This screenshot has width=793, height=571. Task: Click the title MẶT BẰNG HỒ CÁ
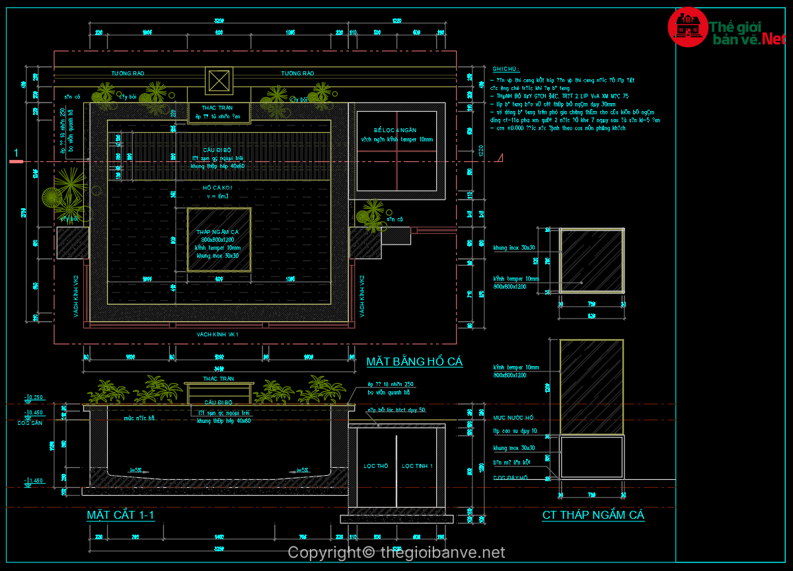click(x=414, y=362)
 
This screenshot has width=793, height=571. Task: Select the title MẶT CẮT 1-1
click(x=121, y=515)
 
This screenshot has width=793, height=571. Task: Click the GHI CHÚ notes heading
click(x=506, y=69)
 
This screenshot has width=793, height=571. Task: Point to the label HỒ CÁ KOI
click(x=217, y=188)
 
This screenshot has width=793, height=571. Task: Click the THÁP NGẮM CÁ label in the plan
click(x=217, y=232)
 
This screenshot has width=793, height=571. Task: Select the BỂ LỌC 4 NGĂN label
click(x=396, y=131)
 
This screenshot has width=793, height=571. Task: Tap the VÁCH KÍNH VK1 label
click(x=217, y=335)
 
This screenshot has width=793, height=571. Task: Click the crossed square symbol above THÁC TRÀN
click(x=219, y=81)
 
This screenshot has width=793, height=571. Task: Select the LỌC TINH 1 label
click(x=417, y=467)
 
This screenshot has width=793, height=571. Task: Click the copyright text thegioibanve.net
click(x=397, y=552)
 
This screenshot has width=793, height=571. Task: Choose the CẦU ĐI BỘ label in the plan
click(x=217, y=150)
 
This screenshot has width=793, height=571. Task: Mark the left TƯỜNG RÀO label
click(x=128, y=73)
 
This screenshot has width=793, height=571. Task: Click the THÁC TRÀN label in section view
click(x=219, y=379)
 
